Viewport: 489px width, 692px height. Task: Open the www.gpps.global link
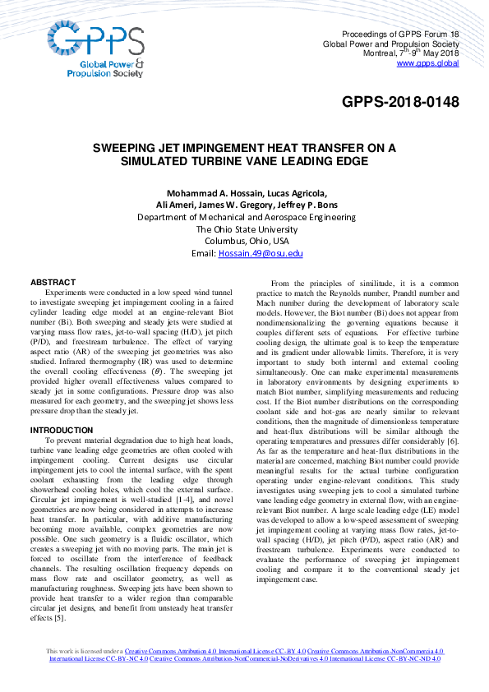(427, 63)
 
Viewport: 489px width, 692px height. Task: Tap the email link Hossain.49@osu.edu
(261, 254)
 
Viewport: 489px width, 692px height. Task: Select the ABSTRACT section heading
(53, 282)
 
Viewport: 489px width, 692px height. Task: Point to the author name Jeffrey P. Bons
(302, 205)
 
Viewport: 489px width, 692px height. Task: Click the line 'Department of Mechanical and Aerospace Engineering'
(247, 217)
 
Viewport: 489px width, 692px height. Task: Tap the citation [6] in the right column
(452, 442)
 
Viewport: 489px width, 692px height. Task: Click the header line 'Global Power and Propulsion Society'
(390, 44)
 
